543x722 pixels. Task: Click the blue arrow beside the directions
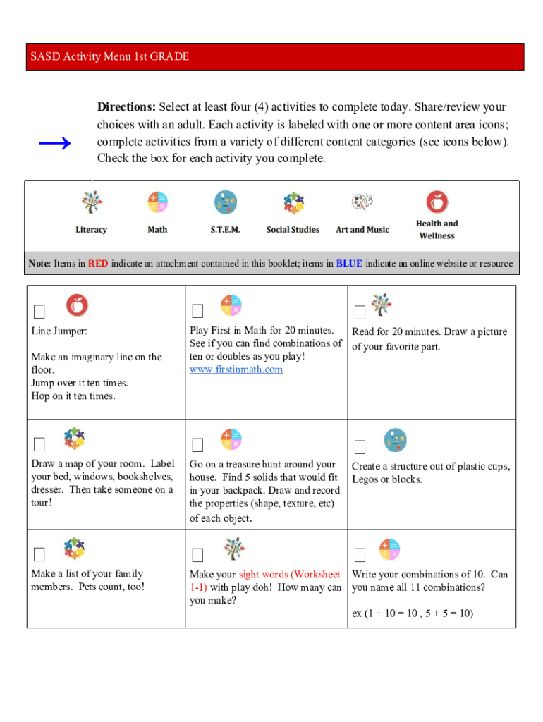click(54, 144)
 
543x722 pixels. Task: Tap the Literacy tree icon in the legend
click(91, 203)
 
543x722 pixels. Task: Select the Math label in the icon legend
click(157, 230)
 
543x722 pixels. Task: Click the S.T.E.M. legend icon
click(225, 202)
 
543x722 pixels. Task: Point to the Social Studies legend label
click(293, 230)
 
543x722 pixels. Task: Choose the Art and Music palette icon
click(362, 202)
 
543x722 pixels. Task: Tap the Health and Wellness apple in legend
click(437, 202)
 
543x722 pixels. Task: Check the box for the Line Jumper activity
click(39, 312)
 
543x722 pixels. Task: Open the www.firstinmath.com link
click(236, 369)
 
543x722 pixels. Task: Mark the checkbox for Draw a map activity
click(39, 444)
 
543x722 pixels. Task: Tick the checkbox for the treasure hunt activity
click(197, 445)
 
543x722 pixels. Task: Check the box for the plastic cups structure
click(360, 447)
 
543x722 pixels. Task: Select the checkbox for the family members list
click(39, 553)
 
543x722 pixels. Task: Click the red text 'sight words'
click(263, 574)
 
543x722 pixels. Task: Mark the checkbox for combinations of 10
click(360, 554)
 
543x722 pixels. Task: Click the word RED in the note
click(98, 264)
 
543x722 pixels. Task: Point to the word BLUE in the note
click(349, 264)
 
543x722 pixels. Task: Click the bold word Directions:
click(126, 107)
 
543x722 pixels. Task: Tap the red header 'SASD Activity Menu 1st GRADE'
click(110, 56)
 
